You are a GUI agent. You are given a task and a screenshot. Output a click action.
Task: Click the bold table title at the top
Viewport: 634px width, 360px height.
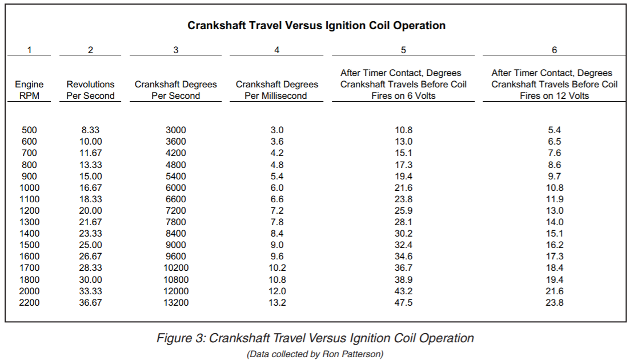point(316,25)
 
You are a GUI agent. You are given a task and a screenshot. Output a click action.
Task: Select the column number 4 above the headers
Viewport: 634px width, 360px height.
point(277,50)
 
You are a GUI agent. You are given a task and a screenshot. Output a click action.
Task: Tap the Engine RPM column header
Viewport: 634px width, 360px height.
point(29,90)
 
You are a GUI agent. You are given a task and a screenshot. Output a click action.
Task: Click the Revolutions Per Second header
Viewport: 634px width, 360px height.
point(90,90)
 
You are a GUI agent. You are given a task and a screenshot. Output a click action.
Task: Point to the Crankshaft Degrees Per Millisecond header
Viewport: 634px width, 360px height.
point(277,90)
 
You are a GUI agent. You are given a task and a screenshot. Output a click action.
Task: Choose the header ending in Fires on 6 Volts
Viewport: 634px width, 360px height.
point(403,85)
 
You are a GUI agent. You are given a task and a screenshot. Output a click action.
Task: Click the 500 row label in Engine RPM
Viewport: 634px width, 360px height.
point(29,130)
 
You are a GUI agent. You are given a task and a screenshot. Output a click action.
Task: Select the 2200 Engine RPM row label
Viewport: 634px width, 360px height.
point(29,302)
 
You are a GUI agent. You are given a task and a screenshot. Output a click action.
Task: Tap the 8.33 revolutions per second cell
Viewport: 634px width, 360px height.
point(90,130)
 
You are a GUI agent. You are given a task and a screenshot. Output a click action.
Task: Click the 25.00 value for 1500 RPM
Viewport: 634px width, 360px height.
point(90,245)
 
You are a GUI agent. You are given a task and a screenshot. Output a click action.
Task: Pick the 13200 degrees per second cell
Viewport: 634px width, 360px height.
point(176,302)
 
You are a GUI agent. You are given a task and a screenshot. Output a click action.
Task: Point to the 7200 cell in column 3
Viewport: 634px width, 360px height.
point(176,211)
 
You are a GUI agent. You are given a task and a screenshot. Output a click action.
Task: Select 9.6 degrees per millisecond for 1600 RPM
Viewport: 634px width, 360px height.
point(277,257)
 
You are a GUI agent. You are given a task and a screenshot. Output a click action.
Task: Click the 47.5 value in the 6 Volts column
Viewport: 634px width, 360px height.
point(403,302)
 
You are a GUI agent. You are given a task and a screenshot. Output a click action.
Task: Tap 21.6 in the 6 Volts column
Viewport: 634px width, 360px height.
point(403,188)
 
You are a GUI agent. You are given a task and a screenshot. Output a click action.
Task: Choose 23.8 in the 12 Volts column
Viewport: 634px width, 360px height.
point(555,302)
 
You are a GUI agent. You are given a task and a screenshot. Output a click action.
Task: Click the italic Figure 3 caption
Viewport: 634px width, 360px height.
point(315,338)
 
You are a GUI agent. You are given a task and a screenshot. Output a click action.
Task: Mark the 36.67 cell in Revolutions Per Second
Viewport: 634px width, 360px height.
point(90,302)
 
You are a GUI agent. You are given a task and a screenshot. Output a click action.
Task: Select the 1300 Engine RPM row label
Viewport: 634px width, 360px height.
point(29,222)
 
